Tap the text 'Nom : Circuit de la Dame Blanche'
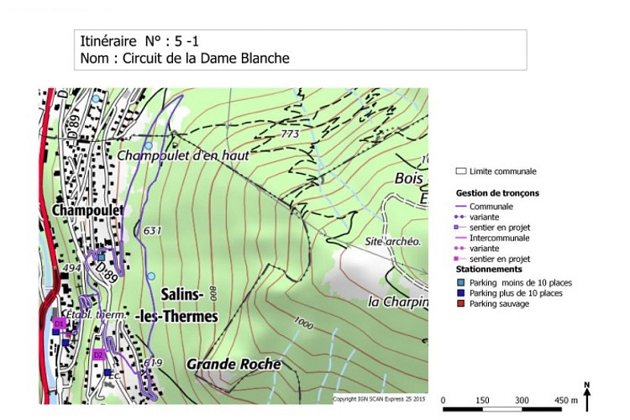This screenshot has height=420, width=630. coord(185,59)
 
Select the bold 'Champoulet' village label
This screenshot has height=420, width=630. coord(87,209)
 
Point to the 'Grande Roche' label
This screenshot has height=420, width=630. coord(233,365)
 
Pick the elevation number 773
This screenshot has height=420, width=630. coord(290,134)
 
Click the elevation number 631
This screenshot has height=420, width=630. coord(152,230)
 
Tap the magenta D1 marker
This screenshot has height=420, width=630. coord(59,323)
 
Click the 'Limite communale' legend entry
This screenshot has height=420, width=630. coord(502,171)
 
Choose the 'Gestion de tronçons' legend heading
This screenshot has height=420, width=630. coord(497,193)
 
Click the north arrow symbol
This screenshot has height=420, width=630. coord(587,394)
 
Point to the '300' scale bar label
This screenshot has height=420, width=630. coord(522,400)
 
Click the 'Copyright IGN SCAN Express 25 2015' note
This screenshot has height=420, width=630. coord(380,399)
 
